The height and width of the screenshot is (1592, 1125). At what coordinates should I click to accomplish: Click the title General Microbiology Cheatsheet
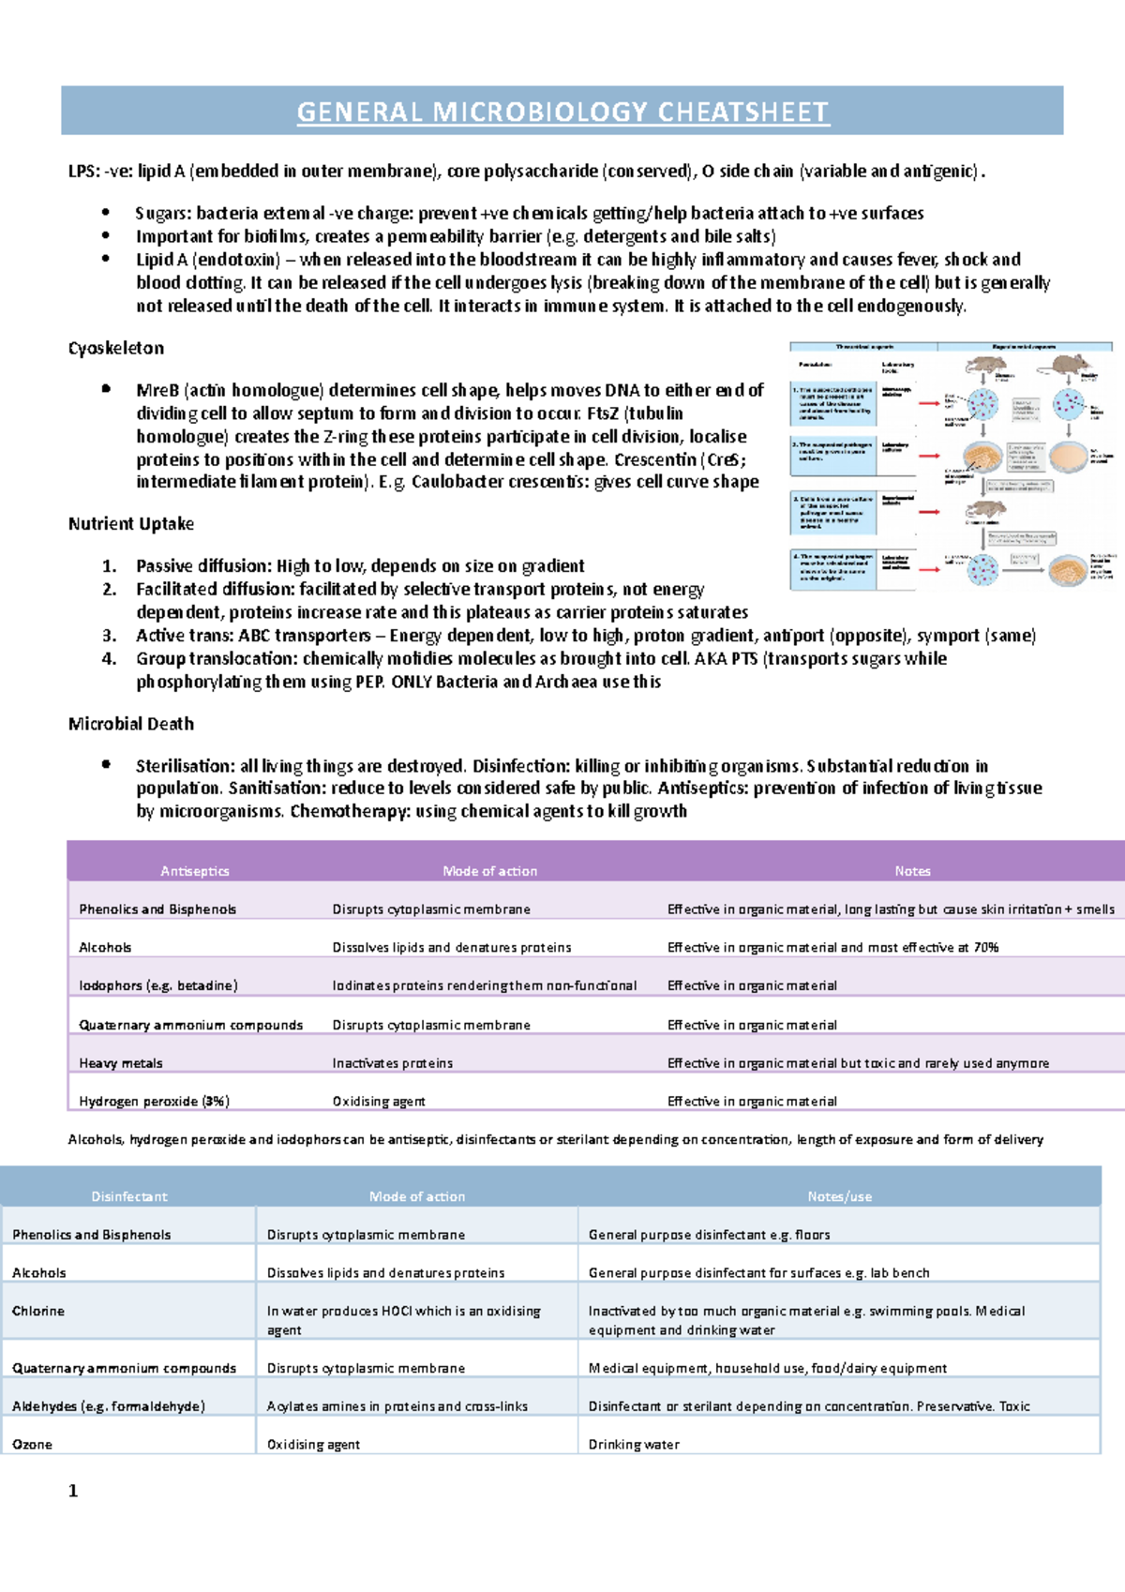562,113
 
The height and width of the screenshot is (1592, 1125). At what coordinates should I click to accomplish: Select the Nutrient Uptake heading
131,524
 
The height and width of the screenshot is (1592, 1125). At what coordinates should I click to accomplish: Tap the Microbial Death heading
131,724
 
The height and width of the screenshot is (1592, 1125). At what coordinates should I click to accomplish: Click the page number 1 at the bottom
73,1491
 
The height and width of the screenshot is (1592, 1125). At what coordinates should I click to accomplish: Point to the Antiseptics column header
195,871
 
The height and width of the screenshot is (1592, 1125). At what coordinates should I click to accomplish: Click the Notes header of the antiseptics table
912,871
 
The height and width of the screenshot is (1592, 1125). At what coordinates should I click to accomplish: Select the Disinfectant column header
129,1196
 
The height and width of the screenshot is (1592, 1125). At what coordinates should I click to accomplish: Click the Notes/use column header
840,1196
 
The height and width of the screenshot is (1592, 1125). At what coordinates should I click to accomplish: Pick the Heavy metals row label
121,1063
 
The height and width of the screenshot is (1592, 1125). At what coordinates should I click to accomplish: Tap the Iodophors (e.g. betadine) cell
158,985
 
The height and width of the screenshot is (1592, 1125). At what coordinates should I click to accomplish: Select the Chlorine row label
38,1311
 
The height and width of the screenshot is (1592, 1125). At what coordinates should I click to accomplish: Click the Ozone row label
32,1445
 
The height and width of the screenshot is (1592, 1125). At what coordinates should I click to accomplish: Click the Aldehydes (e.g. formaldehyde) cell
109,1406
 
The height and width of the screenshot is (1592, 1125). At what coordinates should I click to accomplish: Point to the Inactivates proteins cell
393,1063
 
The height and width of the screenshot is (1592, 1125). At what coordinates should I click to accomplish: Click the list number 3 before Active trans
110,636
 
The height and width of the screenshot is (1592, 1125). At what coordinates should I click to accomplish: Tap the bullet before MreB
107,389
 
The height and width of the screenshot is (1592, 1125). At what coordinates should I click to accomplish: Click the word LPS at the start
82,172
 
